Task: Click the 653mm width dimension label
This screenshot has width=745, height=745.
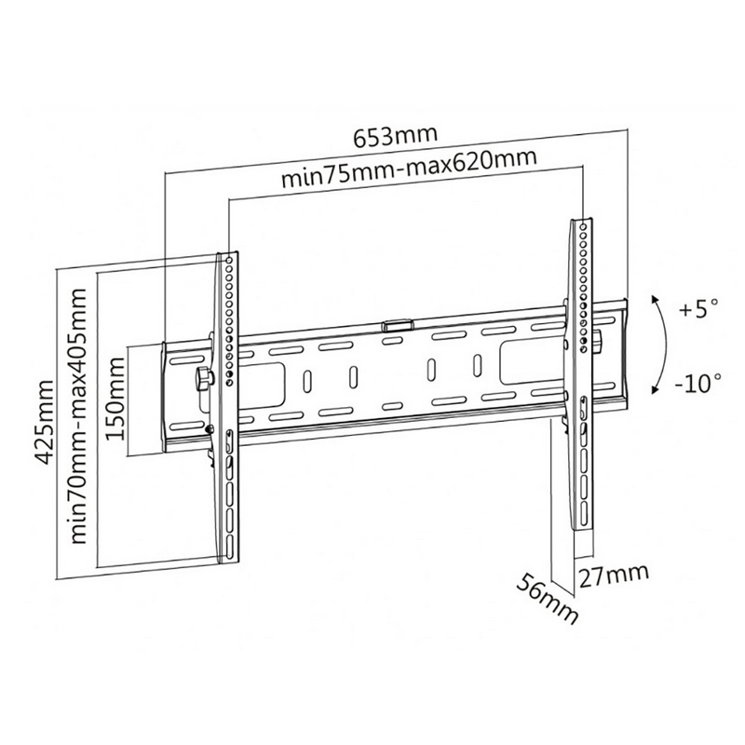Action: coord(395,136)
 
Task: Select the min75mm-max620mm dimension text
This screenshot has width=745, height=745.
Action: coord(409,169)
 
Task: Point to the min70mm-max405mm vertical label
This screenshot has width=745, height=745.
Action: coord(78,415)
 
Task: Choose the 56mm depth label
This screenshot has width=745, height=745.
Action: coord(548,598)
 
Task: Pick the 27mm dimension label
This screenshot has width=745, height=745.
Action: coord(613,576)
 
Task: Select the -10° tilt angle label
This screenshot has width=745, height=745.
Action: coord(698,383)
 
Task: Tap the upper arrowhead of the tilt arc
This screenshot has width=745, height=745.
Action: coord(656,300)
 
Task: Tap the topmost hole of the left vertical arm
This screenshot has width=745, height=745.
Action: coord(230,261)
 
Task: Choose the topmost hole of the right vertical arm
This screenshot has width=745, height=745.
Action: coord(582,227)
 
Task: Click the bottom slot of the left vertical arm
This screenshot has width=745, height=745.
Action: coord(230,549)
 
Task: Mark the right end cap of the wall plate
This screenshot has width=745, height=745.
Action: coord(625,351)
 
